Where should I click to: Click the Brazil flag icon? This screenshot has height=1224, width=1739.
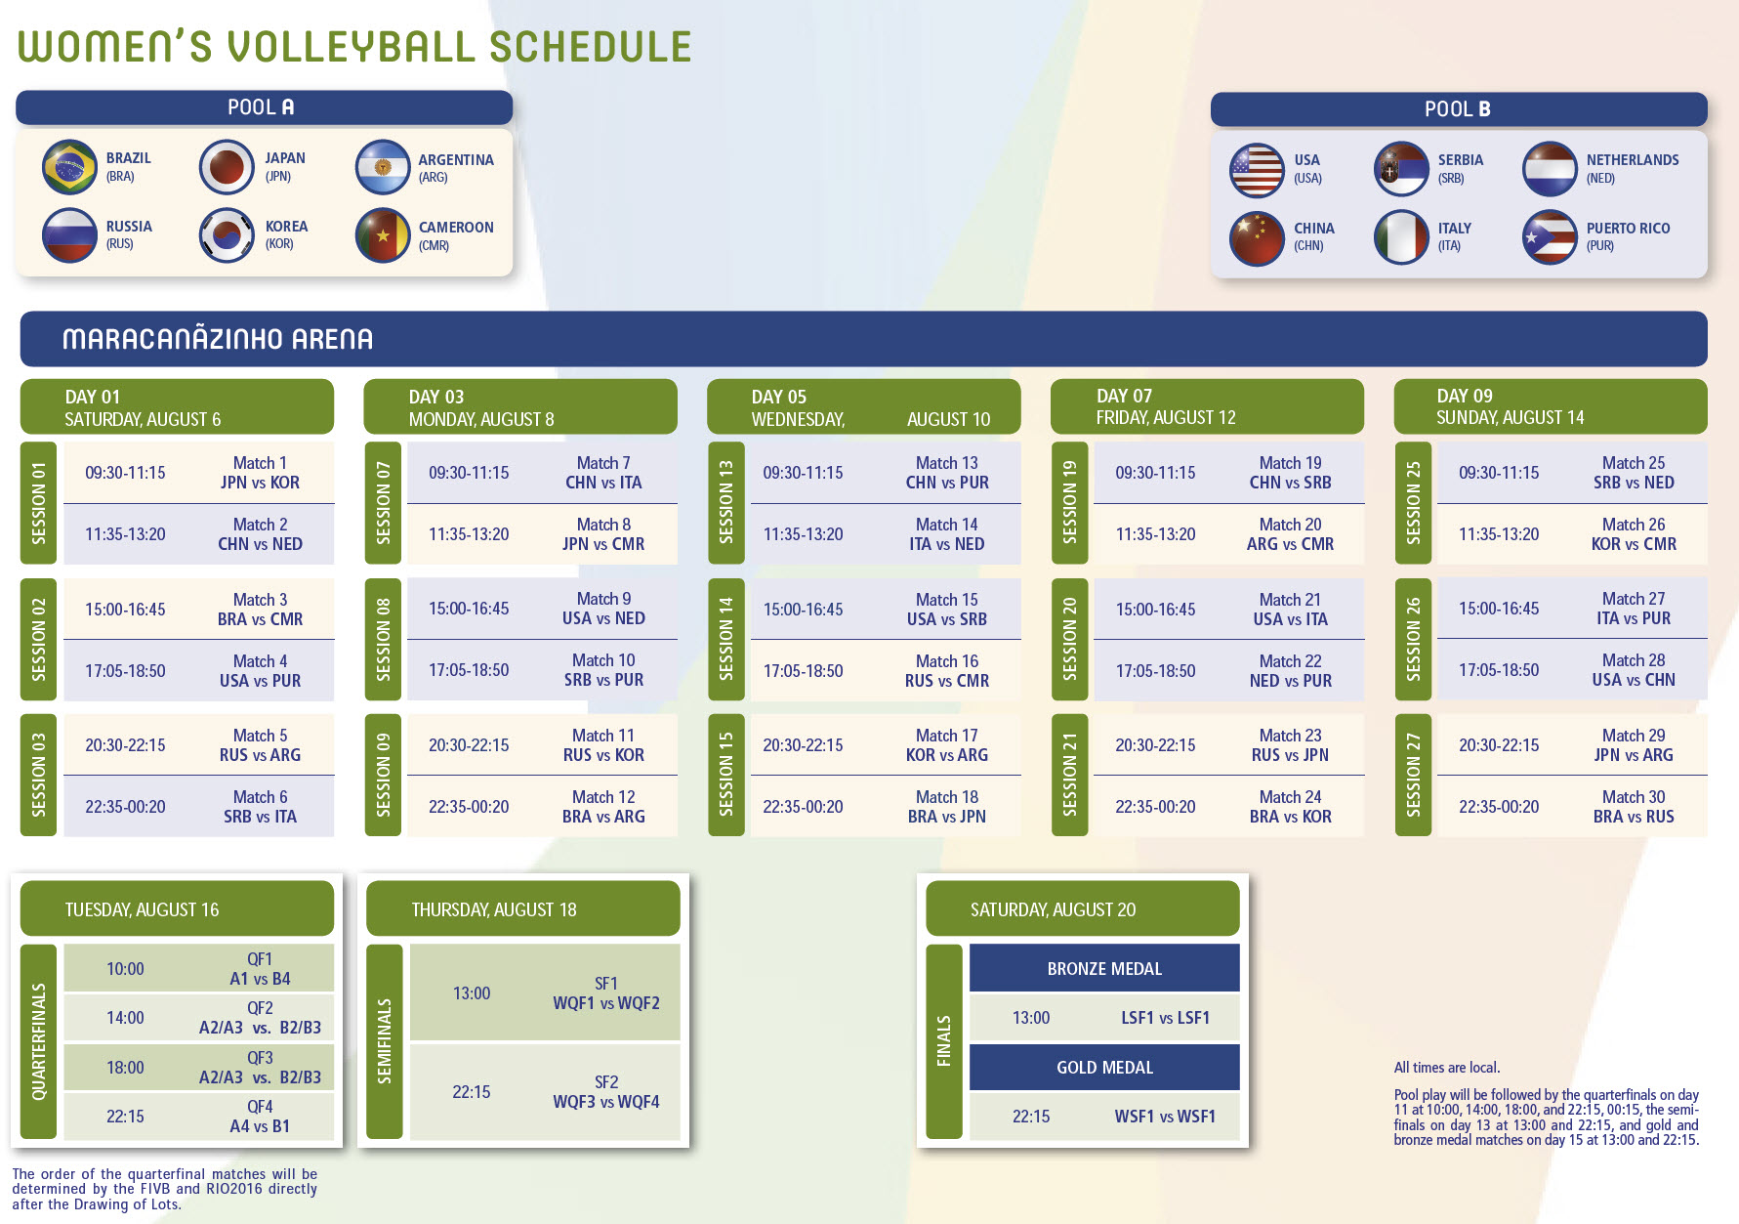point(70,167)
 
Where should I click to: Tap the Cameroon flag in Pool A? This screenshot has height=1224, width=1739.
point(383,235)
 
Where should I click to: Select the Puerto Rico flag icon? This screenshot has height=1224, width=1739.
point(1550,237)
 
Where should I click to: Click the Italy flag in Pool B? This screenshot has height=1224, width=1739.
point(1401,237)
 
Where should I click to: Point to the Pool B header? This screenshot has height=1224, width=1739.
point(1459,109)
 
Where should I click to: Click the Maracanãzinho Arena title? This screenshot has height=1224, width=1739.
point(218,339)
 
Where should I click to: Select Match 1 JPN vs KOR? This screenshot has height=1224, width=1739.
point(260,473)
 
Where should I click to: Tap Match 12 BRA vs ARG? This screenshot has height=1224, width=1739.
point(603,807)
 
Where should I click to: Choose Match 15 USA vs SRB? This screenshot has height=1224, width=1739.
point(947,610)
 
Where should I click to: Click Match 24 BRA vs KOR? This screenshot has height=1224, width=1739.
point(1291,807)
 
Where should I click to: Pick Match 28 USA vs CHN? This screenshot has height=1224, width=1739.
point(1634,670)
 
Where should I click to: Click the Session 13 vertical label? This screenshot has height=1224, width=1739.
point(725,502)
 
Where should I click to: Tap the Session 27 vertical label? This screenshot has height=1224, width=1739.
point(1413,775)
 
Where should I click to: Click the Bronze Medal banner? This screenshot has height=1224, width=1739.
point(1104,968)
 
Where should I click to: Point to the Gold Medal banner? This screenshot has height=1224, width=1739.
point(1104,1067)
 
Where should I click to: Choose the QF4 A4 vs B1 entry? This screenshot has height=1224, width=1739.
point(260,1117)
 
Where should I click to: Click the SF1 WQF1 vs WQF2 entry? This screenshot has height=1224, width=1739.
point(606,993)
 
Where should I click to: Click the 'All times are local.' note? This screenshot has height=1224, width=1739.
point(1447,1068)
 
